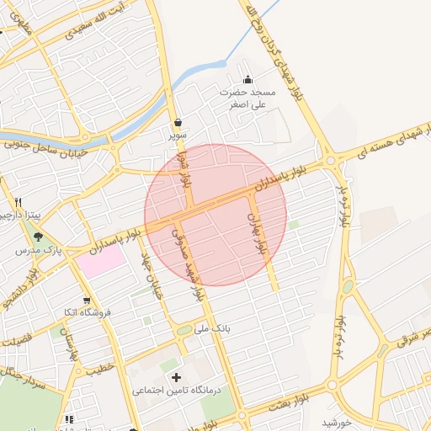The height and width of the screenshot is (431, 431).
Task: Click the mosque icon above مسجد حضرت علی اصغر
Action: (246, 79)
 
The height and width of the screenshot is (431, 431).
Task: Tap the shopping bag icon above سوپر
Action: (178, 123)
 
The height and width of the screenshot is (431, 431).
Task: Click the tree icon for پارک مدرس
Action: (38, 237)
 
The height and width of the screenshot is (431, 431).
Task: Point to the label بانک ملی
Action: (212, 326)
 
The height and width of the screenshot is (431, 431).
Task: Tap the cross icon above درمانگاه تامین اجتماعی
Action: (175, 377)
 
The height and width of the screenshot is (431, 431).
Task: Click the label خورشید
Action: (335, 421)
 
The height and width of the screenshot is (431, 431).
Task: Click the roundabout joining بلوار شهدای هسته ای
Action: (331, 159)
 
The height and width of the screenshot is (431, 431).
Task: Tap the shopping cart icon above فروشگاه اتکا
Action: (87, 300)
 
